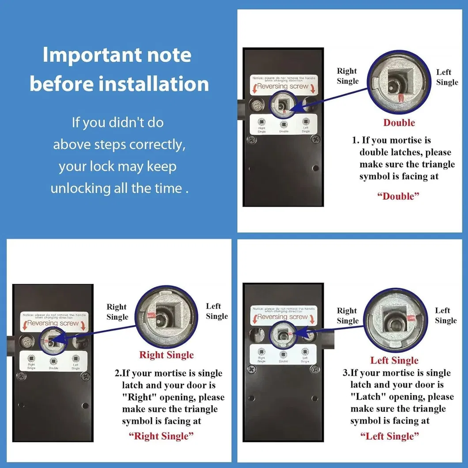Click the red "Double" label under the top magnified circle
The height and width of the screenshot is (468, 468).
(x=399, y=123)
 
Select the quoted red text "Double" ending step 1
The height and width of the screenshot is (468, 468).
(x=398, y=196)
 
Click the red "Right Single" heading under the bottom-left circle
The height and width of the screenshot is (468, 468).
(x=166, y=355)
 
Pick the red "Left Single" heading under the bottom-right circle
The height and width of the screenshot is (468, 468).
(x=394, y=361)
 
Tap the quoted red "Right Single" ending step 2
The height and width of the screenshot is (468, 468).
(x=161, y=436)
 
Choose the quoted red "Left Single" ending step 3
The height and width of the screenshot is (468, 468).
(x=389, y=436)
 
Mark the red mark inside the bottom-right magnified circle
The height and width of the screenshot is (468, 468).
(x=410, y=317)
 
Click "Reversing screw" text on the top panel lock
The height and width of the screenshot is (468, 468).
(x=283, y=86)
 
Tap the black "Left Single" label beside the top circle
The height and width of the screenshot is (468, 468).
(x=447, y=77)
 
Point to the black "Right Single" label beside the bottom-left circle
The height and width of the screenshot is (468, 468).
(x=117, y=312)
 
